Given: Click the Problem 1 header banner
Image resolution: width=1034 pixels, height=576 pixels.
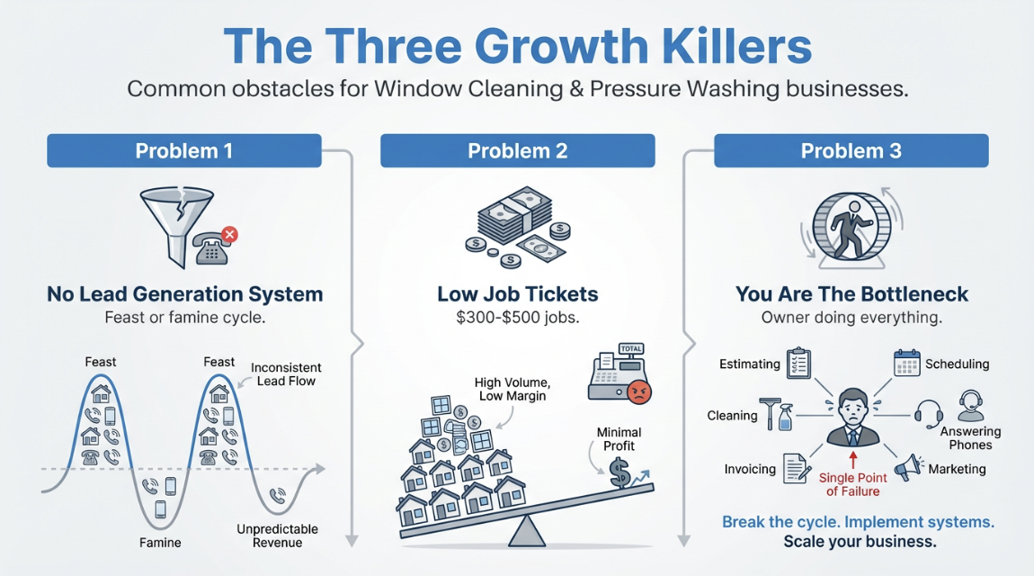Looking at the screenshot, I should coord(183,150).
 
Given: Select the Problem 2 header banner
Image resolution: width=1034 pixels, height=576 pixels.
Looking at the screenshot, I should coord(517,150).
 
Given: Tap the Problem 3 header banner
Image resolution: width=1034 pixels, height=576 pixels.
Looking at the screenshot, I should coord(851,150).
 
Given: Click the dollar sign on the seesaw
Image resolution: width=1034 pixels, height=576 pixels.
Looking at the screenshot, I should coord(620,472).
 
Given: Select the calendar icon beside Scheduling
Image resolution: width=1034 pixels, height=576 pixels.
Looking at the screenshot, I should coord(907,363).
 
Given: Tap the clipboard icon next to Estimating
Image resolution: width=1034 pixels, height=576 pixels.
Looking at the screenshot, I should coord(798,363).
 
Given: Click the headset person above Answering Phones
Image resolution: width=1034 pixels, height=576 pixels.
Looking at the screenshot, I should coord(969,406).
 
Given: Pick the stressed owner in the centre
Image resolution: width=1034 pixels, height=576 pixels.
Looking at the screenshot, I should coord(851,417).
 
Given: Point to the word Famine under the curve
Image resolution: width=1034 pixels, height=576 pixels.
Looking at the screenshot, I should coord(160,543).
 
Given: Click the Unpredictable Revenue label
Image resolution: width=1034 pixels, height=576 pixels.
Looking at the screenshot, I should coord(277,535).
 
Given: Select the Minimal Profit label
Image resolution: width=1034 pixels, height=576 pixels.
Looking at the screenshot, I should coord(616,438).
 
